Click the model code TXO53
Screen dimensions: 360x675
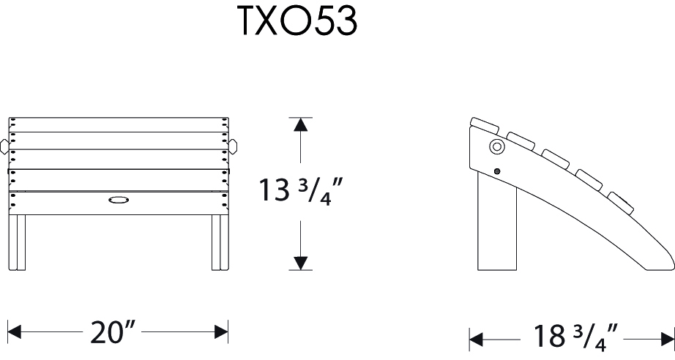tap(297, 22)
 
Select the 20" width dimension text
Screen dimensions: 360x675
tap(113, 333)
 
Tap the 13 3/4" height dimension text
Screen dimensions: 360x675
tap(299, 192)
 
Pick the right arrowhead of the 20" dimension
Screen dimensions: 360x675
tap(221, 333)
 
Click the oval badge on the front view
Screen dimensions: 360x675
tap(117, 199)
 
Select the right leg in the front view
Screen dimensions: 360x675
tap(217, 241)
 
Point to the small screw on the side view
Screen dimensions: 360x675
tap(498, 171)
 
